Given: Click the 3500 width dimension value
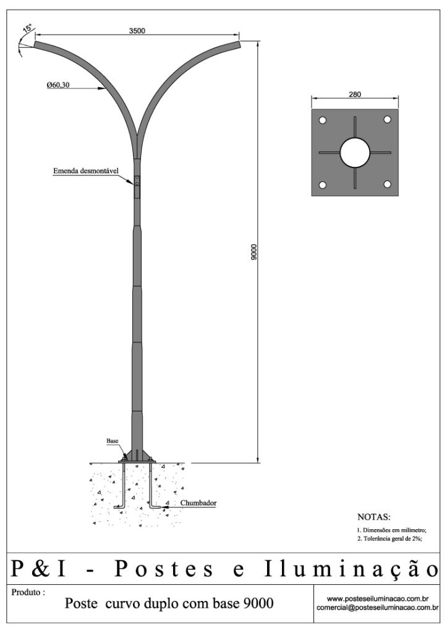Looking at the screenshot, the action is tap(137, 31).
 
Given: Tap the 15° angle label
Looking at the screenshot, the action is tap(28, 28).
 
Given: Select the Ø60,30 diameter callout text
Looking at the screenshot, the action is tap(57, 85).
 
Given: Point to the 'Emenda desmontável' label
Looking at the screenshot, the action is tap(86, 171).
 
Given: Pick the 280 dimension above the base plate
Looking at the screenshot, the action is tap(354, 95).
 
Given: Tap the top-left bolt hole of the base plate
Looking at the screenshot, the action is tap(322, 120).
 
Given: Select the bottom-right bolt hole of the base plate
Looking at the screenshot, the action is tap(387, 184).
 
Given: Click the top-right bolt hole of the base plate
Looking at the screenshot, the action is tap(387, 119).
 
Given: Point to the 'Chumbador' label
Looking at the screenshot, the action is tap(198, 503).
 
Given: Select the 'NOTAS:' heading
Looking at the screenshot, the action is tap(374, 517).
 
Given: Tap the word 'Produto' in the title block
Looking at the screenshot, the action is tap(26, 593).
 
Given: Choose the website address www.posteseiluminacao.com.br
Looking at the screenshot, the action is tap(378, 598).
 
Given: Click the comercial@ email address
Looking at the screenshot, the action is tap(378, 607).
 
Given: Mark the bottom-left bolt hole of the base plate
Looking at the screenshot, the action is tap(322, 185).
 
